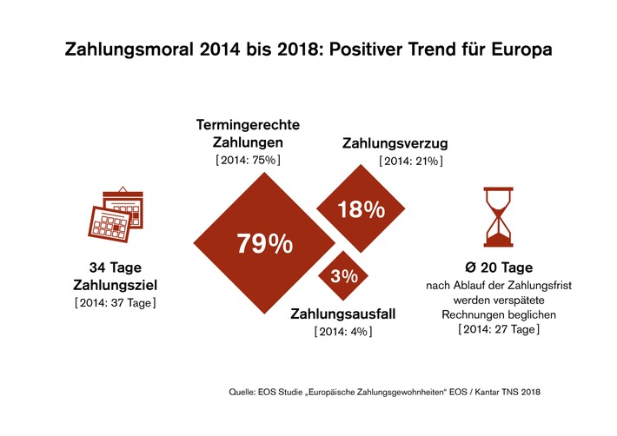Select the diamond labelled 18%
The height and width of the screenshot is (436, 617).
tap(361, 209)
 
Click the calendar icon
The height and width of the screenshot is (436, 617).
tap(119, 215)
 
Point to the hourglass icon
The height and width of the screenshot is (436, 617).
tap(497, 214)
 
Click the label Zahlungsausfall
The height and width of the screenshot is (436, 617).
tap(342, 314)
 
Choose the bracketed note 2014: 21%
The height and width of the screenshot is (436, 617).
tap(411, 162)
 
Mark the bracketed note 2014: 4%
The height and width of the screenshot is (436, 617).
tap(342, 332)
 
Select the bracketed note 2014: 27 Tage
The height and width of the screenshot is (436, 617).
tap(498, 330)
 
